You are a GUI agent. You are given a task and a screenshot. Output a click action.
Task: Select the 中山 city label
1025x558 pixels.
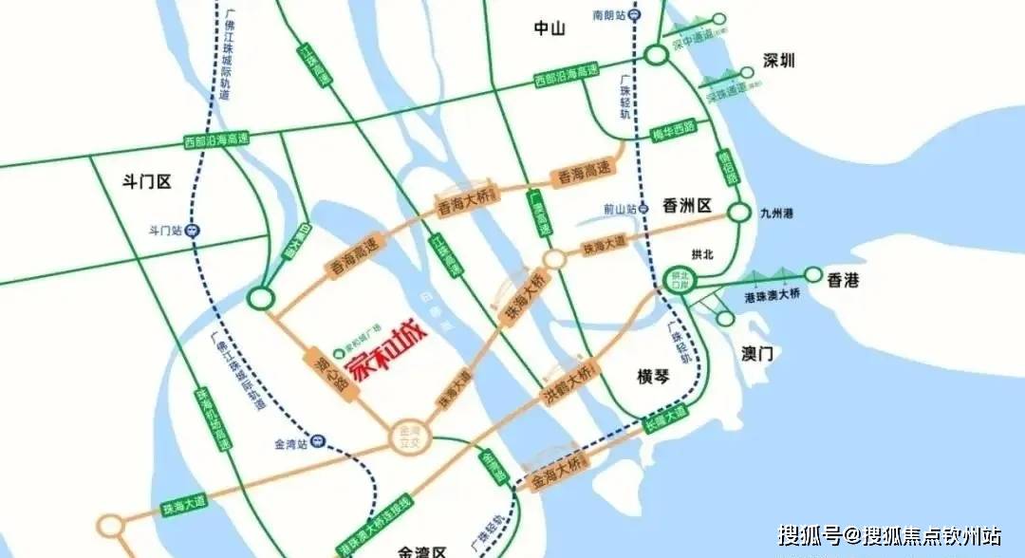click(x=549, y=28)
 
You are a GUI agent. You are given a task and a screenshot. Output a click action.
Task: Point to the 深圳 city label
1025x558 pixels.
click(x=779, y=61)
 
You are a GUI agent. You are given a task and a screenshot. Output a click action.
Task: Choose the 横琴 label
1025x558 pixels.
click(x=654, y=377)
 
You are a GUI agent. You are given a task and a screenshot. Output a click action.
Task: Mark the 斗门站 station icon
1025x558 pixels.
click(x=194, y=230)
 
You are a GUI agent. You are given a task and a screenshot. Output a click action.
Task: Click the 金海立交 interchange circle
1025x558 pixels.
click(x=410, y=437)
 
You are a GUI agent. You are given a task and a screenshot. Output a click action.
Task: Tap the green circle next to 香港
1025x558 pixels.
click(x=813, y=274)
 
